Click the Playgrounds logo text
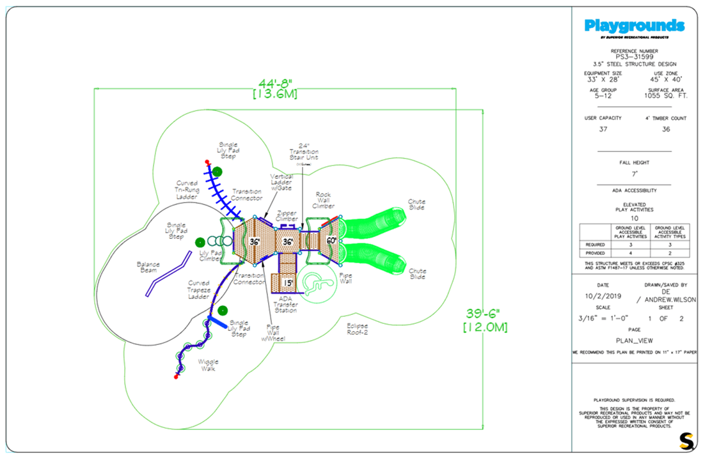634,26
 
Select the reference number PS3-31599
634,56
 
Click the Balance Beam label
147,266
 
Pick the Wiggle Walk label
206,365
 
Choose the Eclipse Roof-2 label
358,329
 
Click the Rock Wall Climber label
324,201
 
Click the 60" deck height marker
331,241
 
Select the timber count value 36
666,129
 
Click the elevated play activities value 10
634,218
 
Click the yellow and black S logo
686,440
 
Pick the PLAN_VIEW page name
634,341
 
